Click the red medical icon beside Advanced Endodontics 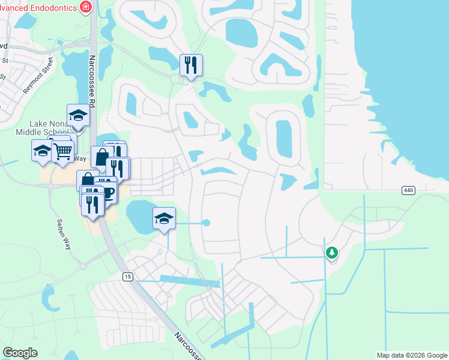pyautogui.click(x=86, y=7)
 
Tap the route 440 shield pyautogui.click(x=408, y=190)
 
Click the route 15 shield pyautogui.click(x=127, y=277)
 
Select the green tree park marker pyautogui.click(x=331, y=253)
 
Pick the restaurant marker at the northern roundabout pyautogui.click(x=191, y=64)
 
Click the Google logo pyautogui.click(x=20, y=353)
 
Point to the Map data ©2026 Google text pyautogui.click(x=411, y=355)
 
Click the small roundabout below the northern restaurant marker pyautogui.click(x=175, y=79)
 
